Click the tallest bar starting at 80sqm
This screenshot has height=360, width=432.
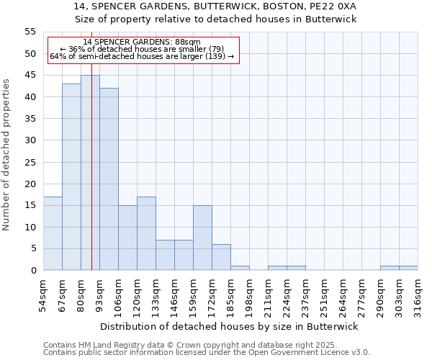(90, 173)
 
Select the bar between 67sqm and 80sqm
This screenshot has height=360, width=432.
(71, 177)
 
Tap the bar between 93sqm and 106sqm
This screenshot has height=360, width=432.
(109, 179)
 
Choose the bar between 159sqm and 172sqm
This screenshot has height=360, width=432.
(202, 238)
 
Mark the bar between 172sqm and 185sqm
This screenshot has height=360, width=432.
(221, 257)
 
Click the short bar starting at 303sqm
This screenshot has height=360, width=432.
(408, 268)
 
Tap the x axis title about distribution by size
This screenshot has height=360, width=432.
(230, 326)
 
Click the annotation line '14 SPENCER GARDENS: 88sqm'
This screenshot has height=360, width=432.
(142, 42)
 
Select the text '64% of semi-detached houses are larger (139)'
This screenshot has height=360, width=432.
(142, 56)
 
